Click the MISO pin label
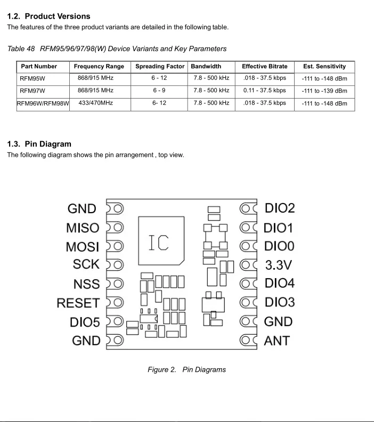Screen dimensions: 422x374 pos(83,228)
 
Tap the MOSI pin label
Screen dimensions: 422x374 pos(83,247)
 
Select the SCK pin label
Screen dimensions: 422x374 pos(86,264)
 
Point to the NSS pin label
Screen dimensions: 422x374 pos(86,284)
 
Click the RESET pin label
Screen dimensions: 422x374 pos(78,303)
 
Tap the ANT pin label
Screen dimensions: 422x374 pos(277,340)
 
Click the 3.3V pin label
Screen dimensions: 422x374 pos(279,265)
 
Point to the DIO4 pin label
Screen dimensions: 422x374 pos(280,283)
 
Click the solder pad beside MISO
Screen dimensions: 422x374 pos(116,228)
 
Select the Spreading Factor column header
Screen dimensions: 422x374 pos(160,67)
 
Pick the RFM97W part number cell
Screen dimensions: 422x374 pos(32,91)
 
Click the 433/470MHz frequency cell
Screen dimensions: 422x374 pos(95,103)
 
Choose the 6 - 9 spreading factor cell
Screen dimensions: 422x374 pos(159,91)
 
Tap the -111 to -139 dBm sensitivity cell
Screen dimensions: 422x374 pos(324,91)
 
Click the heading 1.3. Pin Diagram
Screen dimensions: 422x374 pos(39,144)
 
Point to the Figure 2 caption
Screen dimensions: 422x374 pos(186,369)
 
